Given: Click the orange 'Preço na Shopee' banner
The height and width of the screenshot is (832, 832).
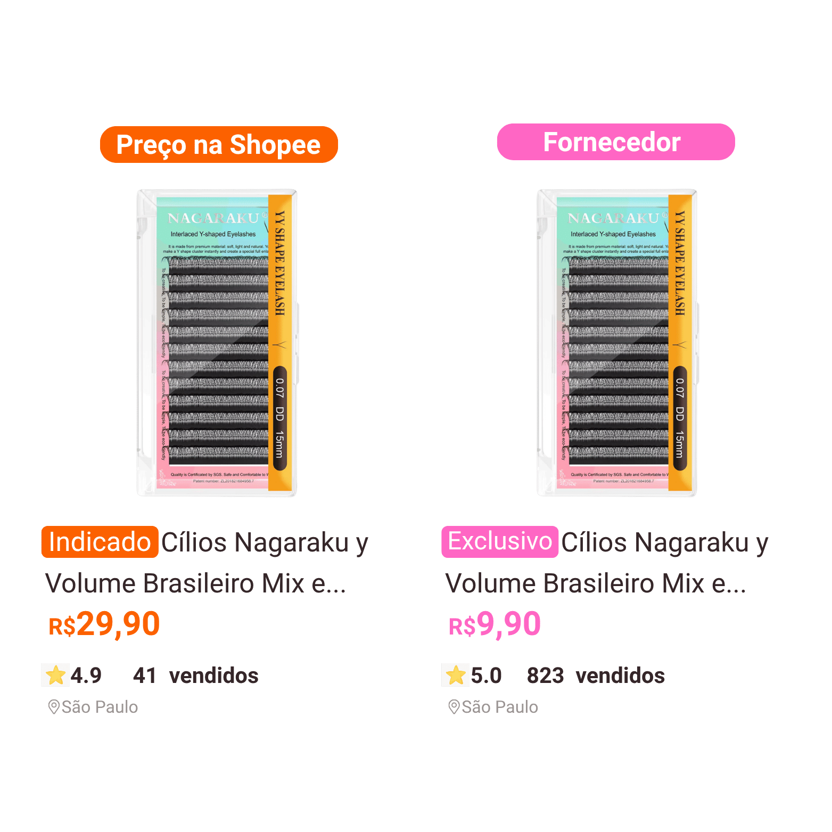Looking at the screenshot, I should click(x=218, y=145).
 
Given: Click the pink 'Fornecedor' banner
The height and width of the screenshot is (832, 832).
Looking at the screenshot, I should click(x=615, y=142).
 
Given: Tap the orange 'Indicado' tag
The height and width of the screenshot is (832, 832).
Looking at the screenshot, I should click(x=100, y=542).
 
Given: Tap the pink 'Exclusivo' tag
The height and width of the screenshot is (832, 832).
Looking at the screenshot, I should click(x=500, y=541).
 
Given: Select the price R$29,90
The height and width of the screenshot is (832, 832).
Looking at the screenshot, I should click(x=104, y=624).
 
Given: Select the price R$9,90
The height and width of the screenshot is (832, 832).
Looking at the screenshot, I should click(x=495, y=624).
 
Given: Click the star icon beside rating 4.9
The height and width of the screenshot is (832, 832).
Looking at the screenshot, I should click(x=55, y=676).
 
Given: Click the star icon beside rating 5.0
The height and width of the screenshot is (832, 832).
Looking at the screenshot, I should click(x=456, y=676).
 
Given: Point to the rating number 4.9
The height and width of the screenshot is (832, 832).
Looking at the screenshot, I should click(x=86, y=676).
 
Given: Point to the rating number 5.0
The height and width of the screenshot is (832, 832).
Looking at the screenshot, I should click(x=487, y=676).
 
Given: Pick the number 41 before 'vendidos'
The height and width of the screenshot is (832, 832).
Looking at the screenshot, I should click(x=144, y=676).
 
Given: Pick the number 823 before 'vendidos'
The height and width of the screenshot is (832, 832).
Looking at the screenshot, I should click(x=545, y=676).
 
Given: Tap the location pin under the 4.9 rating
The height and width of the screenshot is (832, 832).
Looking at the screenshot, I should click(x=53, y=707).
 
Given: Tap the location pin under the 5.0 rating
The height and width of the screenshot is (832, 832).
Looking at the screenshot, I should click(x=454, y=707).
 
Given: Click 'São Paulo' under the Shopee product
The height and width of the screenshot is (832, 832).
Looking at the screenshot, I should click(x=100, y=707).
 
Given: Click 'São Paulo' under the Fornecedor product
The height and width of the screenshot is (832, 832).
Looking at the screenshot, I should click(x=500, y=707).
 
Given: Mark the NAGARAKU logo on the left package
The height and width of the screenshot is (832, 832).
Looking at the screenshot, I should click(x=213, y=218).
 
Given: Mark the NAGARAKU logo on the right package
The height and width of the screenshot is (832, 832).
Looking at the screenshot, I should click(x=614, y=218).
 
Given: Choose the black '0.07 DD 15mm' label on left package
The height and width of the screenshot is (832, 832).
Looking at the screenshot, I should click(x=279, y=418).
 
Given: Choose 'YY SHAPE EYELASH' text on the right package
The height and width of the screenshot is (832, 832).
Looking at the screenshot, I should click(x=680, y=263).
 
